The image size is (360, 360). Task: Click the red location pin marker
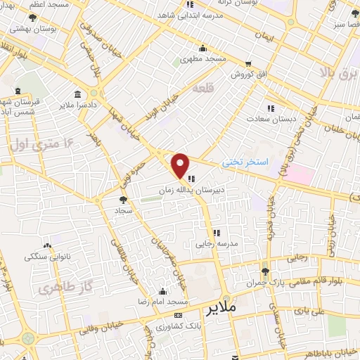coord(181,166)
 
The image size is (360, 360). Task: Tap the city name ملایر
coord(223,309)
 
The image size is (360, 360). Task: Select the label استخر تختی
coord(245,162)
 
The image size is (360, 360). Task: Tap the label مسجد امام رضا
coord(162,302)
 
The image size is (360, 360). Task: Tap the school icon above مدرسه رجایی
coord(217,233)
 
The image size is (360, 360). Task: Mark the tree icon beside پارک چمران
coord(264,271)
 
